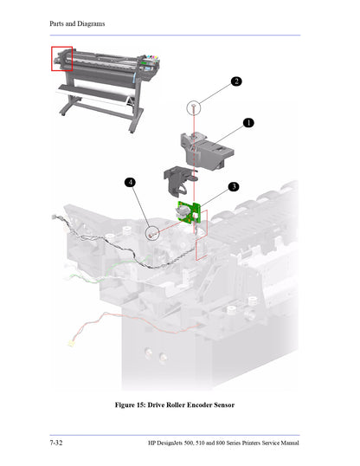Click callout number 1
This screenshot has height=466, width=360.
click(248, 123)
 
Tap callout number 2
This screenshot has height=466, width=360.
click(236, 81)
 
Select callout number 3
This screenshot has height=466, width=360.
click(233, 186)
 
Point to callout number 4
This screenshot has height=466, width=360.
click(130, 183)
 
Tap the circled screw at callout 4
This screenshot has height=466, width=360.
click(153, 233)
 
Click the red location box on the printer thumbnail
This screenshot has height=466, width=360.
click(62, 59)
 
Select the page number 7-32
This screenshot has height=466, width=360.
click(57, 443)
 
